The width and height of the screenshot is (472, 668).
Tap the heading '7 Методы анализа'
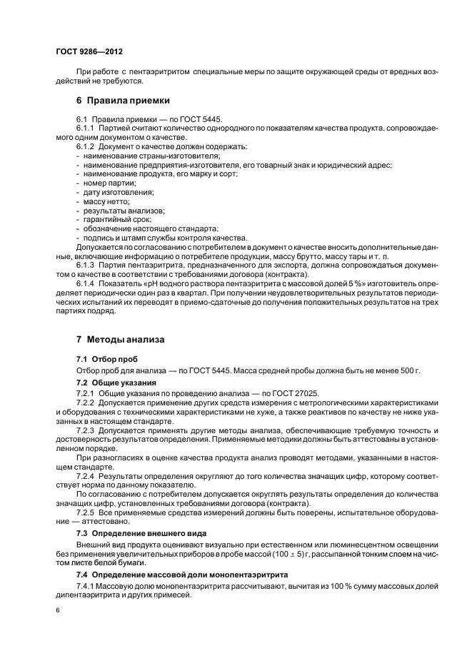pos(121,339)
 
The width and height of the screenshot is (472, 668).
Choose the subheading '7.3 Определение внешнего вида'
pos(142,533)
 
